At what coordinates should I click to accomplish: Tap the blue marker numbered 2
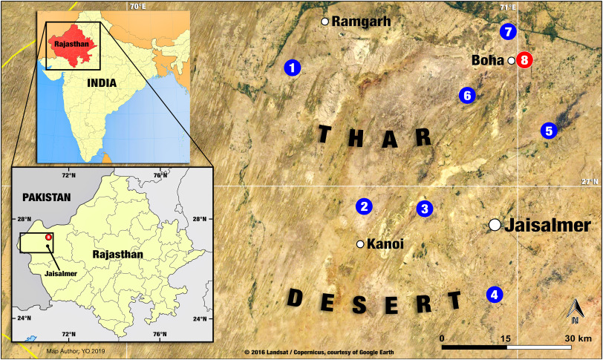click(364, 206)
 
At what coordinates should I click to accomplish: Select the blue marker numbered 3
click(424, 209)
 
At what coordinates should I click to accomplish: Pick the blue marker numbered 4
click(495, 295)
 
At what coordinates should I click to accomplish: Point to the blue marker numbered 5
click(549, 131)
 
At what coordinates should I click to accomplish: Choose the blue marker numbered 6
click(466, 95)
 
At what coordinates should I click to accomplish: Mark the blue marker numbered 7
click(507, 32)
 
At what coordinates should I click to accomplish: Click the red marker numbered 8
click(525, 60)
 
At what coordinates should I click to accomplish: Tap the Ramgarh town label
click(361, 22)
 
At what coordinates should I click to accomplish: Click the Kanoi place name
click(385, 243)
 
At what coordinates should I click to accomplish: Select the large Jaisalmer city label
click(547, 226)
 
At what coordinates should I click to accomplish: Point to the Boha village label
click(488, 60)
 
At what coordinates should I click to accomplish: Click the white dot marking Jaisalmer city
click(495, 225)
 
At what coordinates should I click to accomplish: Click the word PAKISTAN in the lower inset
click(45, 197)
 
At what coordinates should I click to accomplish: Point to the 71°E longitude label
click(507, 7)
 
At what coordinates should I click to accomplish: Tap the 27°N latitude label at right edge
click(590, 182)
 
